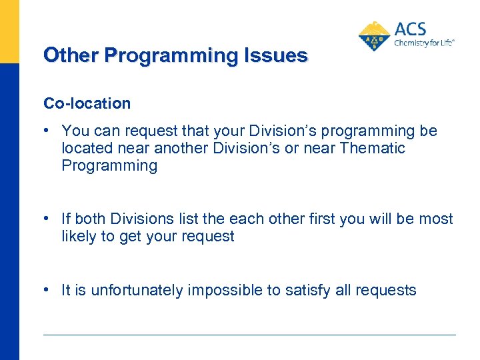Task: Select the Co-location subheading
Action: tap(87, 103)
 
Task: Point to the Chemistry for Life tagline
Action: tap(424, 42)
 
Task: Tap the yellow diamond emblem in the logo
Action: tap(375, 37)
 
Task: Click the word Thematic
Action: tap(372, 148)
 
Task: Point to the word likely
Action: tap(79, 237)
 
